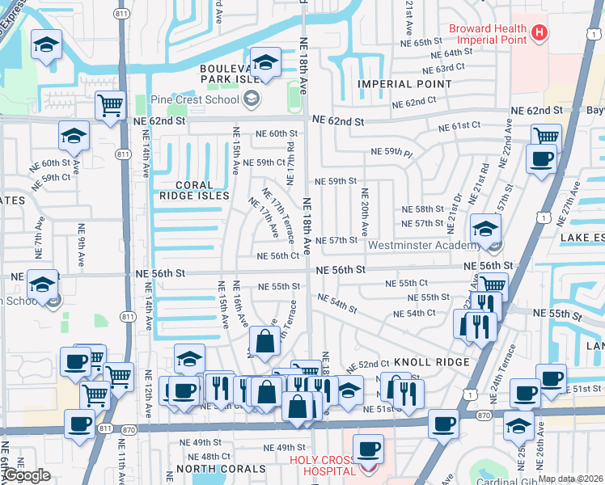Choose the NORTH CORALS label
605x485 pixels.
[221, 469]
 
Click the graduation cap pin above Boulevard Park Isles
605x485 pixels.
[264, 61]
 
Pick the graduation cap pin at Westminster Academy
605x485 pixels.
[485, 230]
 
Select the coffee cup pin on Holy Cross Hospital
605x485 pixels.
[370, 448]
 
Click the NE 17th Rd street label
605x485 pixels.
[289, 154]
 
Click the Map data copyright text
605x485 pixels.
[570, 479]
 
